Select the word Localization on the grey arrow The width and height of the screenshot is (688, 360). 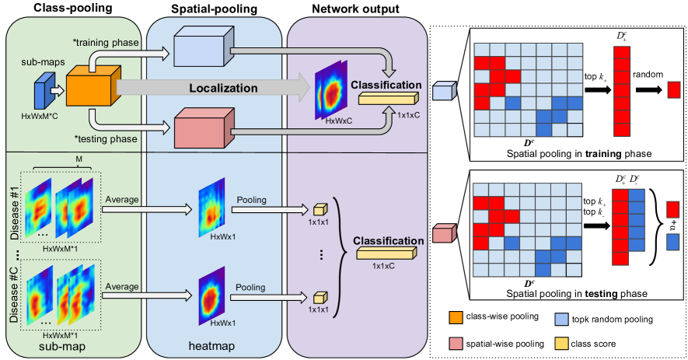pyautogui.click(x=224, y=89)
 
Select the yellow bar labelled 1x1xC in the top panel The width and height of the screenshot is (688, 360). pyautogui.click(x=387, y=98)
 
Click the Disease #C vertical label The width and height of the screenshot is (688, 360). pyautogui.click(x=12, y=295)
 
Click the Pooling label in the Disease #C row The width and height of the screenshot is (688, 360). pyautogui.click(x=252, y=287)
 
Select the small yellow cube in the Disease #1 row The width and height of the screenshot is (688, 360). pyautogui.click(x=318, y=209)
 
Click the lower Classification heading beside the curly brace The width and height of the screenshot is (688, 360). pyautogui.click(x=388, y=241)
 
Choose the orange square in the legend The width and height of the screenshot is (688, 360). pyautogui.click(x=456, y=318)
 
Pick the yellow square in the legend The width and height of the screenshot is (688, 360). pyautogui.click(x=561, y=344)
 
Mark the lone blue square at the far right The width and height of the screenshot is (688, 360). pyautogui.click(x=673, y=242)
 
